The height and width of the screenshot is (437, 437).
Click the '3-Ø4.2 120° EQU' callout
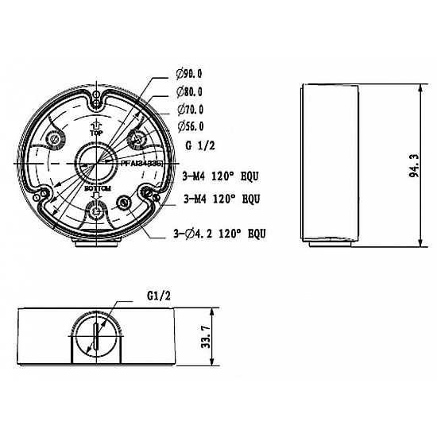pos(218,234)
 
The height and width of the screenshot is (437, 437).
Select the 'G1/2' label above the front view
pos(159,293)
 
